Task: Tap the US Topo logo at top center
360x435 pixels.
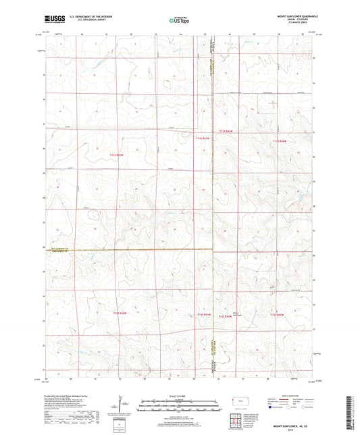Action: [179, 20]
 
